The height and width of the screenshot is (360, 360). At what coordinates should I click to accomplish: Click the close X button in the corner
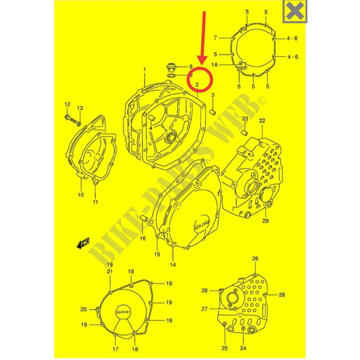pyautogui.click(x=295, y=11)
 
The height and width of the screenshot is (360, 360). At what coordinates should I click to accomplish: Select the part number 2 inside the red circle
pyautogui.click(x=198, y=85)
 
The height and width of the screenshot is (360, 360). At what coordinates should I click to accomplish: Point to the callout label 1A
pyautogui.click(x=227, y=65)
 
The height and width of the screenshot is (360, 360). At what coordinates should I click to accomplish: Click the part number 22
pyautogui.click(x=262, y=120)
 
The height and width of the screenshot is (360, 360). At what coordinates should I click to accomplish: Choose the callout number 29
pyautogui.click(x=265, y=221)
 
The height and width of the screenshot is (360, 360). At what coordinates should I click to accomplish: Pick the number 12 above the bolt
pyautogui.click(x=67, y=105)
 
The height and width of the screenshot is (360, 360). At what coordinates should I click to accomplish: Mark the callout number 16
pyautogui.click(x=143, y=238)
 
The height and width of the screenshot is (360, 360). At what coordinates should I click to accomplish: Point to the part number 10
pyautogui.click(x=81, y=195)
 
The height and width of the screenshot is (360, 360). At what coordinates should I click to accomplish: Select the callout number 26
pyautogui.click(x=255, y=259)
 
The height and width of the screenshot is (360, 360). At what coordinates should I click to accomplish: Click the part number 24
pyautogui.click(x=243, y=348)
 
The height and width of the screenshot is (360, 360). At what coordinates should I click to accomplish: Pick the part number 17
pyautogui.click(x=115, y=349)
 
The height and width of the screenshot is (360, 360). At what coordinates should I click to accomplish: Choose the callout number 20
pyautogui.click(x=84, y=309)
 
